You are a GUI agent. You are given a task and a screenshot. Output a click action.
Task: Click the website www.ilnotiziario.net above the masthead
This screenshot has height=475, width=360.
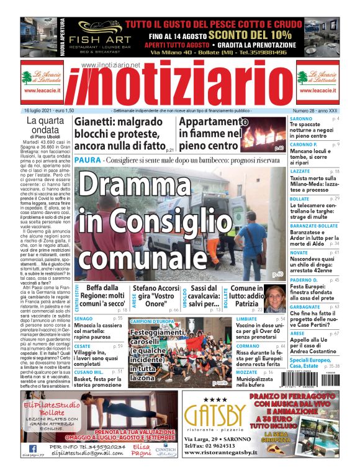[x=110, y=65]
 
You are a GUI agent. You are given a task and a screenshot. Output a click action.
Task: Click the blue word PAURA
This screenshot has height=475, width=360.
[x=84, y=160]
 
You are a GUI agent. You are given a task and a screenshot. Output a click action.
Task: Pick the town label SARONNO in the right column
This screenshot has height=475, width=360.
[x=301, y=118]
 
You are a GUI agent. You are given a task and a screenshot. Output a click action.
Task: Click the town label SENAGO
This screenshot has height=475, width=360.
[x=83, y=318]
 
